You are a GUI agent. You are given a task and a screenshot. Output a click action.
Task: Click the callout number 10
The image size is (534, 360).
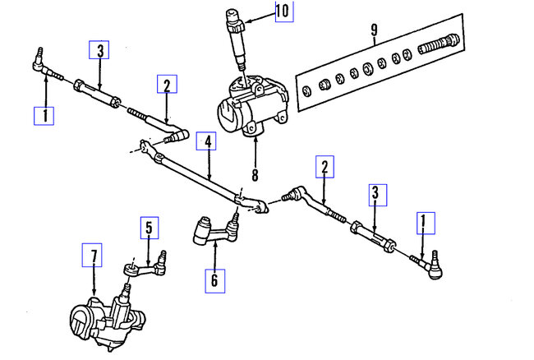(282, 12)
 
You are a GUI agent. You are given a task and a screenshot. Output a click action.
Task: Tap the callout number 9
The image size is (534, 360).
(374, 31)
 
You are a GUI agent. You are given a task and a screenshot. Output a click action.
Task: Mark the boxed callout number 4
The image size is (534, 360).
(209, 142)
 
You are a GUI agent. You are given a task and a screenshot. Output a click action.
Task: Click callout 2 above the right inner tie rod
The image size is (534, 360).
(325, 168)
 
